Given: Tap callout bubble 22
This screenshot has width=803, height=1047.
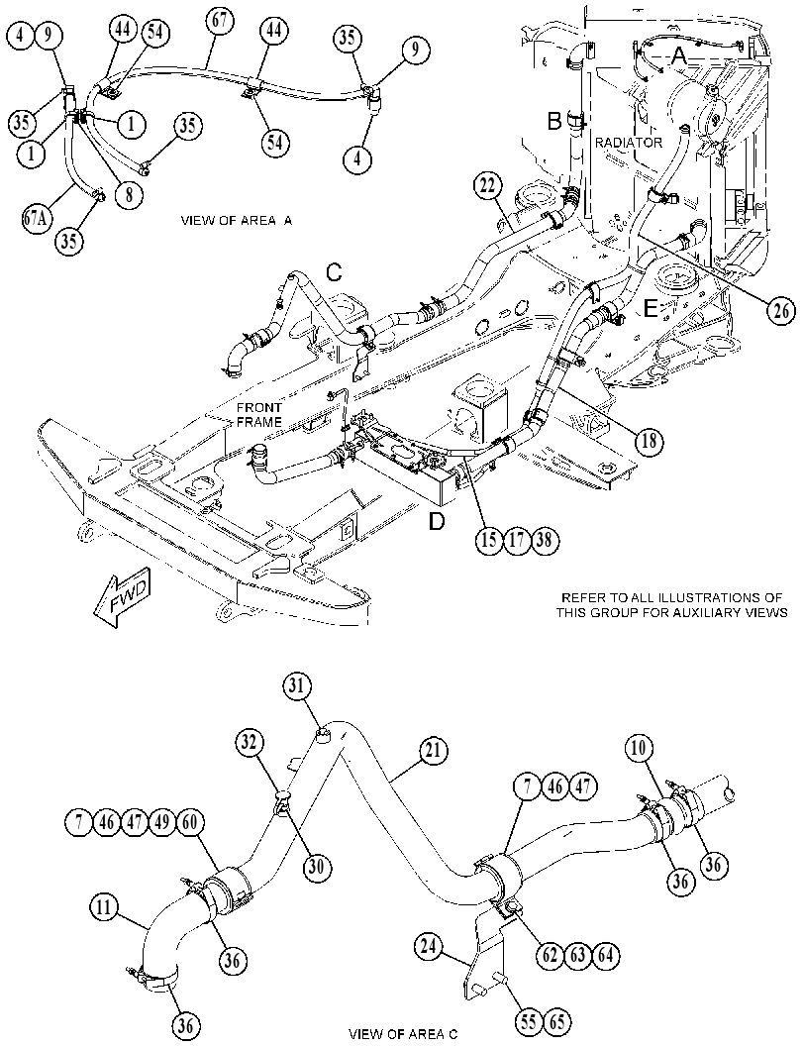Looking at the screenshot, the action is pyautogui.click(x=489, y=187).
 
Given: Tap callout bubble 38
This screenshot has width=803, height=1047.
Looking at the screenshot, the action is pyautogui.click(x=544, y=539).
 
